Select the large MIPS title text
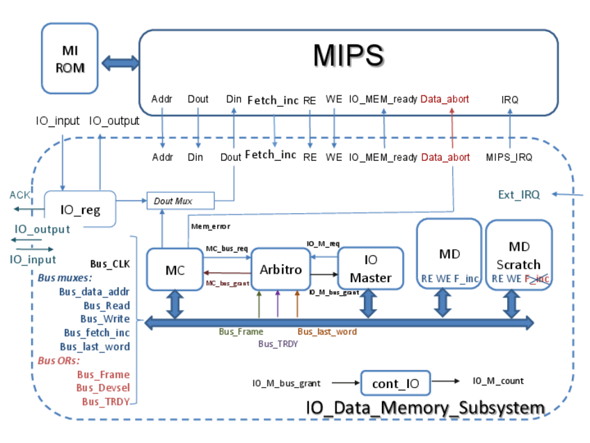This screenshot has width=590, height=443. coord(348,55)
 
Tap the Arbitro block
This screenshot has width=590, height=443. coord(280,269)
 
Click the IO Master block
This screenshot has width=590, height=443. coord(370,269)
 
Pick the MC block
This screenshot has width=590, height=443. coord(175,270)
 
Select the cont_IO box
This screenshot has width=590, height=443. coord(395,384)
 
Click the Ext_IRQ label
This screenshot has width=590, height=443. coord(519,194)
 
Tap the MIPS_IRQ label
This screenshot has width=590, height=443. coord(509,157)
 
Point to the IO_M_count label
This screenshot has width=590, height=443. coord(498,381)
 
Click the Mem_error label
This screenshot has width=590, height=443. coord(210,226)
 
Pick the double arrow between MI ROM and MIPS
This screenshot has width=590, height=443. coord(120,63)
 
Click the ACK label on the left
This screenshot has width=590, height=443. coord(19,195)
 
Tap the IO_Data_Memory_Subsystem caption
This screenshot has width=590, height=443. coord(425,408)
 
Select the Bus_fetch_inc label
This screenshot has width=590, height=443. coord(97,333)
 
